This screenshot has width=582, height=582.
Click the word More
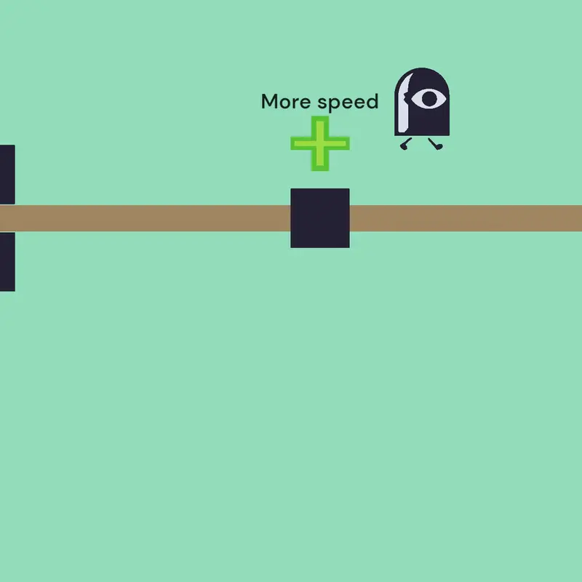[286, 101]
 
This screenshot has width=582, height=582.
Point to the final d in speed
[372, 101]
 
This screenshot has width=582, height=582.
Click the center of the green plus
[320, 143]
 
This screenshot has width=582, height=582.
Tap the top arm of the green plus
[320, 126]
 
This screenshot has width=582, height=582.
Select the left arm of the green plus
[300, 143]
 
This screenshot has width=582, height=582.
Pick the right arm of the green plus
[339, 143]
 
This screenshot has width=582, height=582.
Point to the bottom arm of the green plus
[320, 161]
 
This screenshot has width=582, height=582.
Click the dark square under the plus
[320, 218]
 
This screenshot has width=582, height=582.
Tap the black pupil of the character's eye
[429, 99]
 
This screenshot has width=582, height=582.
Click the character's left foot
[406, 144]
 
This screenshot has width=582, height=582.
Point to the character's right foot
[436, 144]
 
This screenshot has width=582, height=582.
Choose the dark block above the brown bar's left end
[7, 175]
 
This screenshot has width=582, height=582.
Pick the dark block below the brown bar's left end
[7, 262]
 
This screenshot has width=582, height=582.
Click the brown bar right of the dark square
[466, 218]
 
